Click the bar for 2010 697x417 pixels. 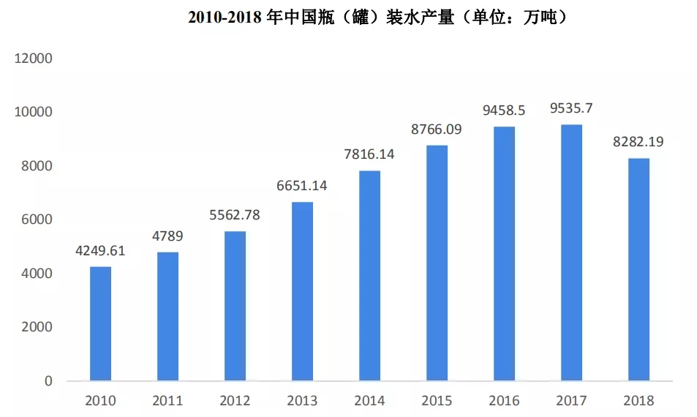(100, 323)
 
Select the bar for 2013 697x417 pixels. (302, 291)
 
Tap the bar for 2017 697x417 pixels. (571, 252)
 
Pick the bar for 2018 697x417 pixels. (638, 269)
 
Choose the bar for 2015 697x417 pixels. (437, 263)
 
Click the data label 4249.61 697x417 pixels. (100, 251)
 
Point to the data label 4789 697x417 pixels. (167, 236)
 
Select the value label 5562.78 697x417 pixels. (235, 215)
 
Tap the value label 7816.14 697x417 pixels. (369, 154)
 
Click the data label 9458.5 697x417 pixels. (504, 110)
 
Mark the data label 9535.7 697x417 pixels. (571, 108)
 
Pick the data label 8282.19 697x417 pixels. (638, 142)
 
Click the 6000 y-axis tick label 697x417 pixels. (37, 219)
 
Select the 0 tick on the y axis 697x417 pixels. (48, 381)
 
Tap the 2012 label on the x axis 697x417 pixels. (235, 401)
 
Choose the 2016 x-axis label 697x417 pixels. (504, 401)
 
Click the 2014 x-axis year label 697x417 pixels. (369, 401)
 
